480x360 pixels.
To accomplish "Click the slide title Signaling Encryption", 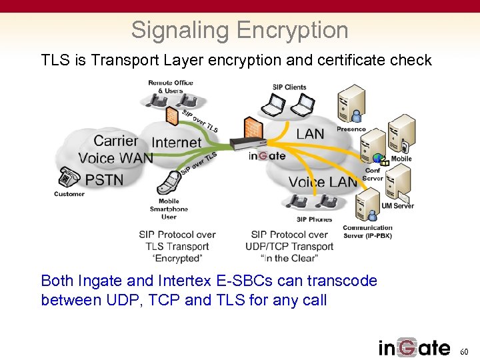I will (239, 30).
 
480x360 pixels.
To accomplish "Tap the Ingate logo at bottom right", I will (414, 347).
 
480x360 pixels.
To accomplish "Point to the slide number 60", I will (465, 351).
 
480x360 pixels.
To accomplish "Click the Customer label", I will (69, 194).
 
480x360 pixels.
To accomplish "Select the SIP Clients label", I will (289, 87).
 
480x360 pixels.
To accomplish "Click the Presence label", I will (351, 129).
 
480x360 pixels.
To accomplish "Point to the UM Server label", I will (397, 206).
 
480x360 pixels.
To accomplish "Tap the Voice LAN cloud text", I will (323, 181).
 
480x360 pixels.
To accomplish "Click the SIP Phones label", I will (314, 219).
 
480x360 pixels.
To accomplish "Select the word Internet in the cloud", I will (176, 142).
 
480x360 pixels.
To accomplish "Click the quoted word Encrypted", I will (177, 258).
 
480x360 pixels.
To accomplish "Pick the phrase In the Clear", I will (289, 258).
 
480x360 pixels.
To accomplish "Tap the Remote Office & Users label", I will (170, 87).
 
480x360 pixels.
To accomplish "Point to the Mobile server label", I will (401, 159).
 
